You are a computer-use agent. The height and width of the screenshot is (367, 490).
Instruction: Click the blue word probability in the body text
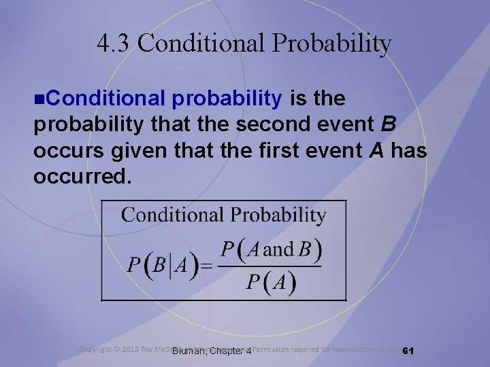point(227,99)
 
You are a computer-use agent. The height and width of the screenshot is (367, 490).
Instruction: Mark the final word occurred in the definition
point(80,176)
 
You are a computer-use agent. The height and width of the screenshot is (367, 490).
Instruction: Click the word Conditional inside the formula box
point(172,215)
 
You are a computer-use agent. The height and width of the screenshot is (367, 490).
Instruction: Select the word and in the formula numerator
point(277,249)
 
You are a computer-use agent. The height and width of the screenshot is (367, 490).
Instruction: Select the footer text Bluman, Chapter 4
point(212,351)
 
